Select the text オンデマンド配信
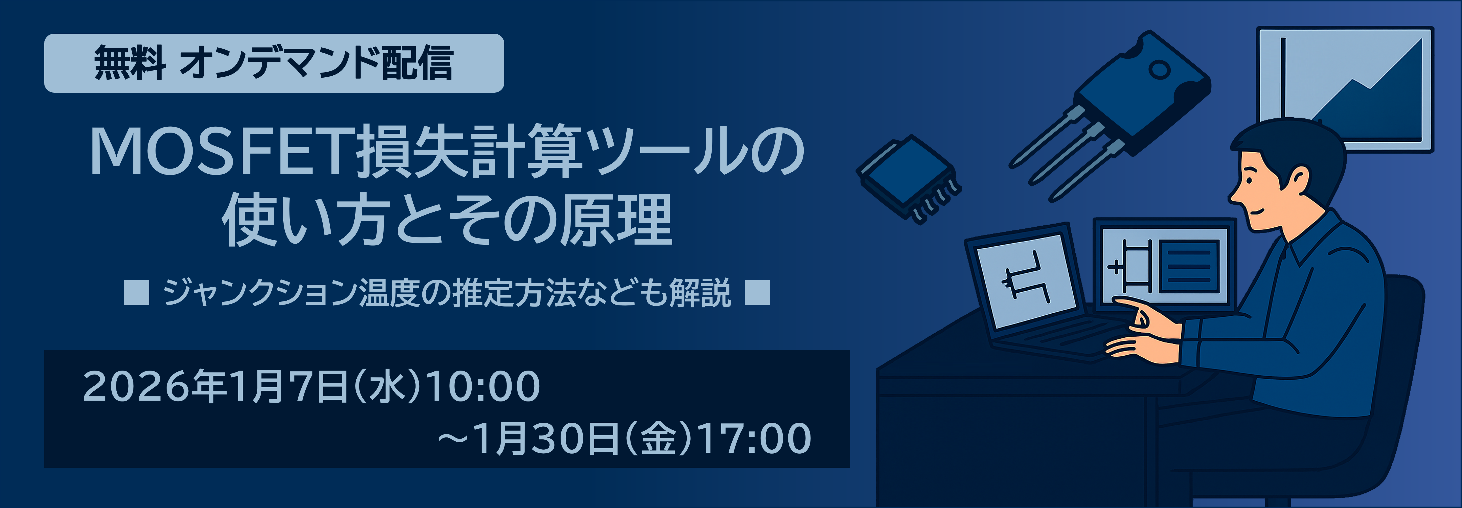pos(316,63)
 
